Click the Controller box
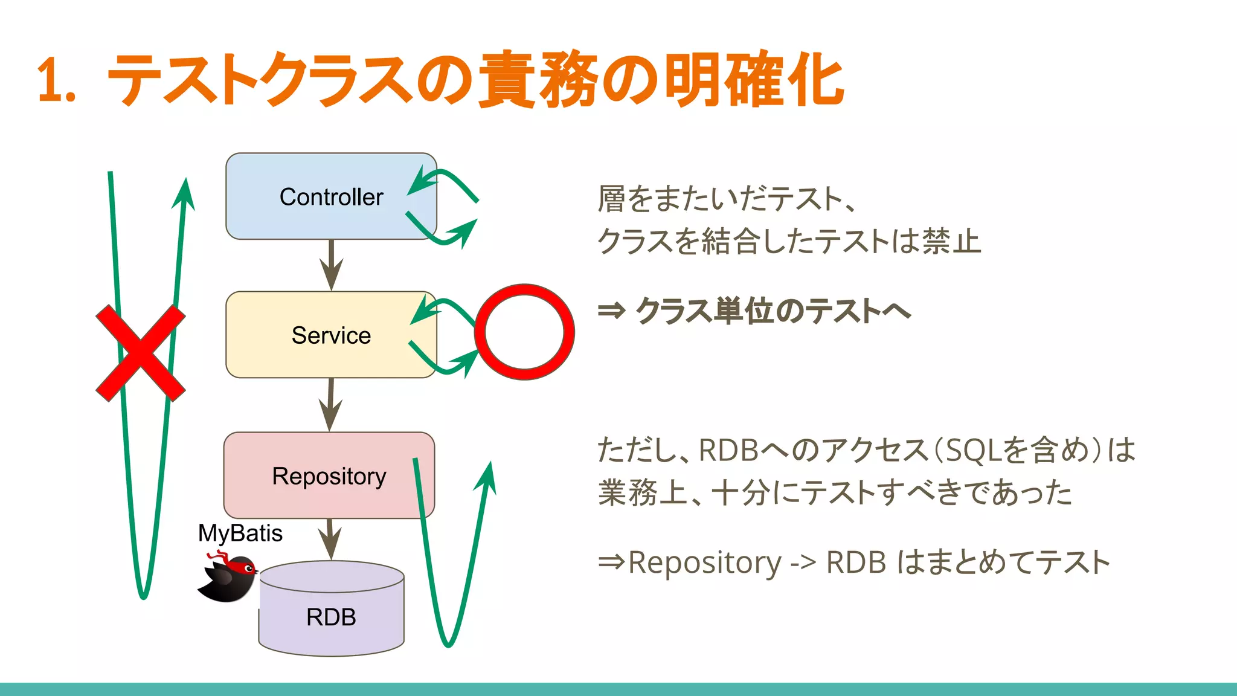coord(331,197)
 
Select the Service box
coord(331,335)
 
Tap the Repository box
coord(329,476)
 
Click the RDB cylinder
coord(331,616)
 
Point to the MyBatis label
coord(240,533)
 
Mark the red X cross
coord(141,353)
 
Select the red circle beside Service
coord(524,332)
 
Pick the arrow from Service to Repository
coord(330,405)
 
